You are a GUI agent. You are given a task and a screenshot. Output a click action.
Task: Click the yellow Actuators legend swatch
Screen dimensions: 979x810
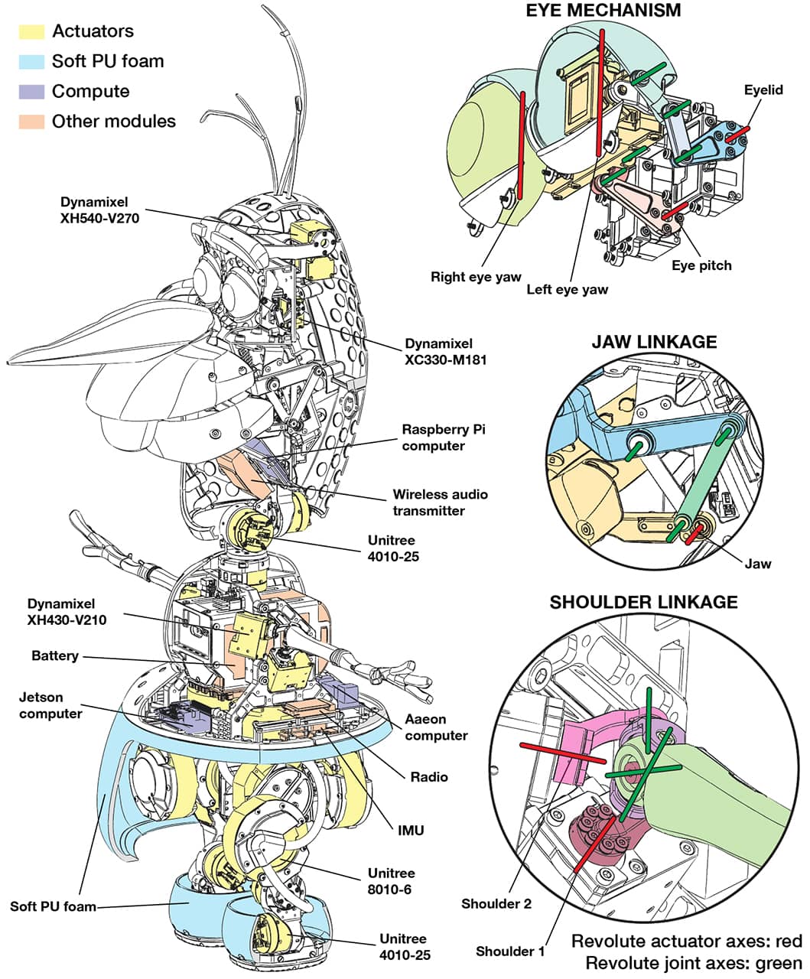[31, 31]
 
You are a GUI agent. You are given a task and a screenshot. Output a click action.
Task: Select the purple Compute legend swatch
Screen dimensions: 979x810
[31, 92]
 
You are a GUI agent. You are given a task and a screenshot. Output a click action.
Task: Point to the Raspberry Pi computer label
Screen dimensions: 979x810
[444, 437]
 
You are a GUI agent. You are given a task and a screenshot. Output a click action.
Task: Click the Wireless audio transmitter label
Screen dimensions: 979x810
[440, 503]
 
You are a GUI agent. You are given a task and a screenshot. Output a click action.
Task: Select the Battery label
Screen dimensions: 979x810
[54, 656]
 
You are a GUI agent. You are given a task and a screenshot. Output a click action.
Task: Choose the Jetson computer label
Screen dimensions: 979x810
[50, 705]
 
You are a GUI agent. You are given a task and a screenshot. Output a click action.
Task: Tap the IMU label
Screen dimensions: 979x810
[410, 830]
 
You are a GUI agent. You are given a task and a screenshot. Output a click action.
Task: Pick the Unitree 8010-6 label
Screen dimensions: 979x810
[392, 881]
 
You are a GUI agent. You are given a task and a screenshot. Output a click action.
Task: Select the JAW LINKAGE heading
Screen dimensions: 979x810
[654, 342]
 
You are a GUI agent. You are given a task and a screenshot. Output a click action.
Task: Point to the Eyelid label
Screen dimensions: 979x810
[763, 90]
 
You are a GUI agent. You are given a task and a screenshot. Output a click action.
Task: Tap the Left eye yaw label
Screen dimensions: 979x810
[567, 290]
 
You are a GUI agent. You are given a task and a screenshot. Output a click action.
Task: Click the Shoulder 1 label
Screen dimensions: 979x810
[510, 951]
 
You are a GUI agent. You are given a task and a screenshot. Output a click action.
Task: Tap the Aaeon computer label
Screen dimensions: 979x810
[436, 727]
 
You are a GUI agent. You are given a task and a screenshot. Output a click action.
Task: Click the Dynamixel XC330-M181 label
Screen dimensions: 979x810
[438, 352]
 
